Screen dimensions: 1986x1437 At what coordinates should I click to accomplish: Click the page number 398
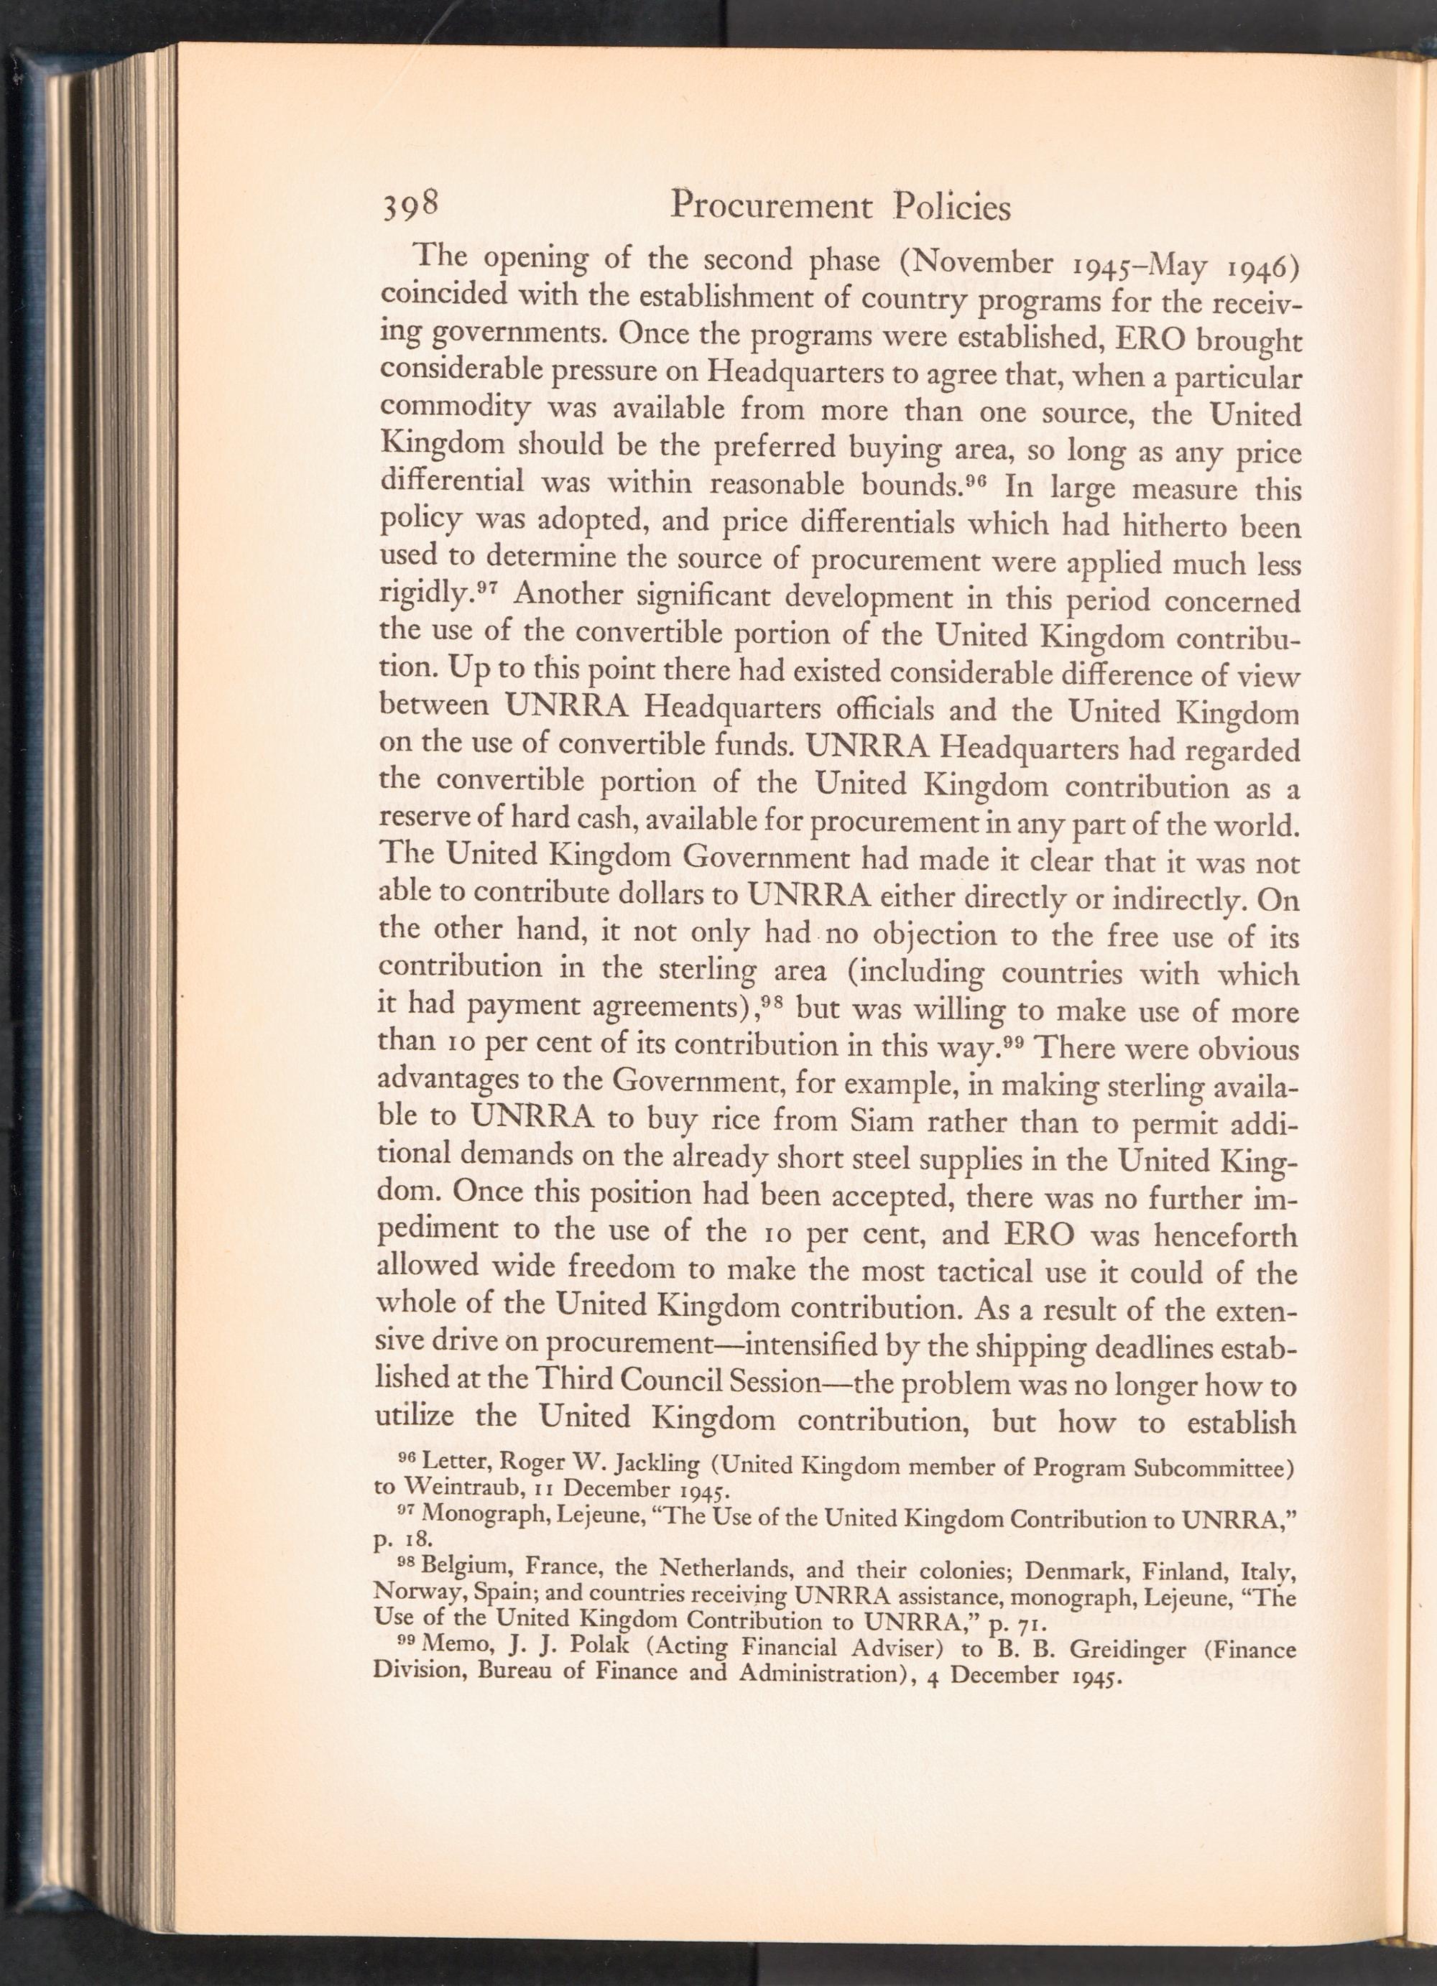(409, 208)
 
